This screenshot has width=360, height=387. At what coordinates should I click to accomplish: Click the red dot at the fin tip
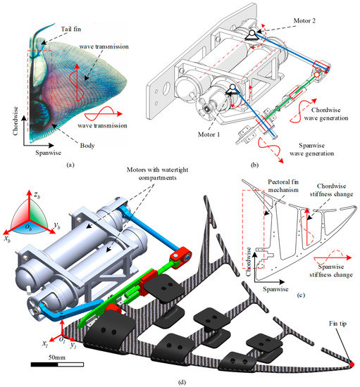point(352,364)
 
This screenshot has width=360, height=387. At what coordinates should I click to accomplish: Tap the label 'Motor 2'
point(304,20)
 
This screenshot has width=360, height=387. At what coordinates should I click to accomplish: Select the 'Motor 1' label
point(209,134)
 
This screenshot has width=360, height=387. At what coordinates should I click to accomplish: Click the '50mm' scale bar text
point(57,357)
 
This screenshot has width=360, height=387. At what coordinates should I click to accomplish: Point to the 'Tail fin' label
point(71,29)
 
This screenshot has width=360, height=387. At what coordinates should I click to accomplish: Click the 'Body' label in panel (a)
point(87,146)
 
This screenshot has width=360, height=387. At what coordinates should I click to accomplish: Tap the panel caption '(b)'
point(254,165)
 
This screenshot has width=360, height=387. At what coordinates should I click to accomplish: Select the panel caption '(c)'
point(301,295)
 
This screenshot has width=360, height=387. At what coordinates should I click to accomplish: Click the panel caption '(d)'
point(182,382)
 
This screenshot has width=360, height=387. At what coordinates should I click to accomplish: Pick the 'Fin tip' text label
point(337,324)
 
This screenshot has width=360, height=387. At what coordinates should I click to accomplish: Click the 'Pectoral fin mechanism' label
point(283,186)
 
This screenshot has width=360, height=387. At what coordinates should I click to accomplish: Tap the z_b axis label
point(37,195)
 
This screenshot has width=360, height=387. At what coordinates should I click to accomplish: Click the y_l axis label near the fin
point(73,345)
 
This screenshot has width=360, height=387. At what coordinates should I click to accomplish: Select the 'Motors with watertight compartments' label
point(157,174)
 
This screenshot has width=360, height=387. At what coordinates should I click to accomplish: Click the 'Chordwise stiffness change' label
point(331,190)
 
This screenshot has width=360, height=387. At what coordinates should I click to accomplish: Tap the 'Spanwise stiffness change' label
point(331,270)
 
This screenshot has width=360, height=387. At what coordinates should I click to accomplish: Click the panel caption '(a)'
point(70,165)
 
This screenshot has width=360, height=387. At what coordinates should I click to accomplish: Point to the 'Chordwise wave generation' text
point(326,114)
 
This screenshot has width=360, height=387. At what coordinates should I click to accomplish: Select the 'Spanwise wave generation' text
point(312,149)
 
